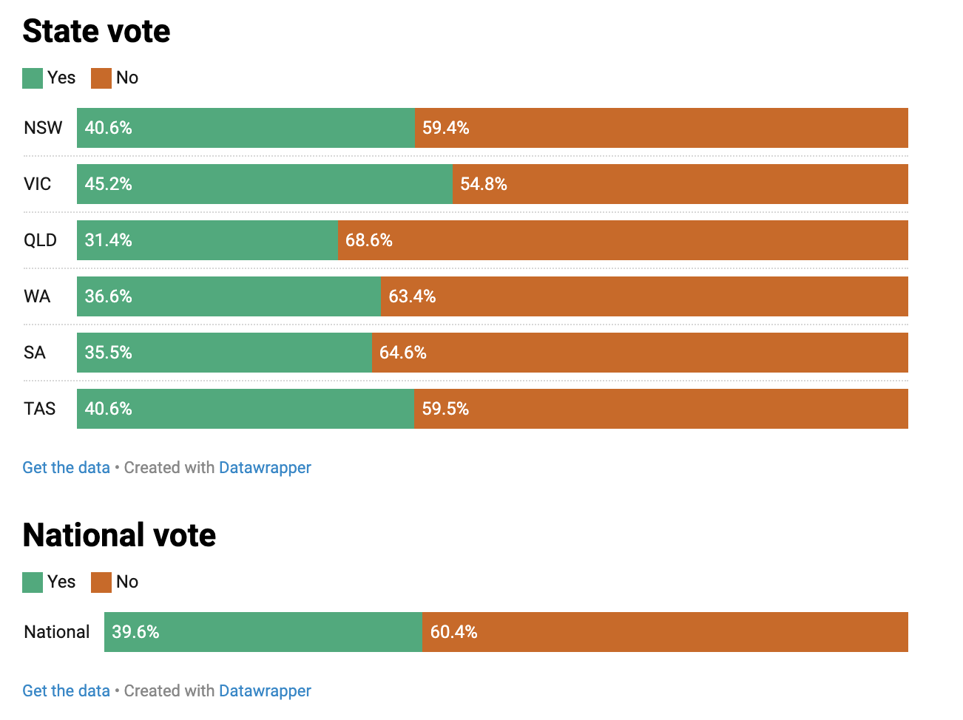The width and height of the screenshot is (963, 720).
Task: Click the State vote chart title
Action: (96, 31)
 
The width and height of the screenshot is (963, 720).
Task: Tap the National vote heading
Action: (119, 535)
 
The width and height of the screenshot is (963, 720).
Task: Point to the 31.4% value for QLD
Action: (108, 240)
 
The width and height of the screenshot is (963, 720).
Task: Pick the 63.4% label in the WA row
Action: (412, 296)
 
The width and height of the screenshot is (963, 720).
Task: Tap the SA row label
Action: (35, 353)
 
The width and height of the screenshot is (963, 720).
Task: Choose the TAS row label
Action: (40, 409)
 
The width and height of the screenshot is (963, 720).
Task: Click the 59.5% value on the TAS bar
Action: (445, 409)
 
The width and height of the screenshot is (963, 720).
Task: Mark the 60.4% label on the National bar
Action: (453, 632)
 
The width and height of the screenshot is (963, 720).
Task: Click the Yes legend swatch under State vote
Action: (33, 78)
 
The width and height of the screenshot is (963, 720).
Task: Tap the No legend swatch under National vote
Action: (101, 583)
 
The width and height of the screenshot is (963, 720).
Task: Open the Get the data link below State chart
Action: (66, 468)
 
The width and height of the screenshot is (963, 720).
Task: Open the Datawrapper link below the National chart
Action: (265, 691)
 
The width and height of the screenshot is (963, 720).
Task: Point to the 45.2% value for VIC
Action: (108, 184)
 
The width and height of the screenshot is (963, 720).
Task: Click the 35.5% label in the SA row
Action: (108, 353)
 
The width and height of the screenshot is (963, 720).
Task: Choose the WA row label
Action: (37, 296)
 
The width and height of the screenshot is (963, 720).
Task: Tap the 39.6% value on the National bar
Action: (135, 632)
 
